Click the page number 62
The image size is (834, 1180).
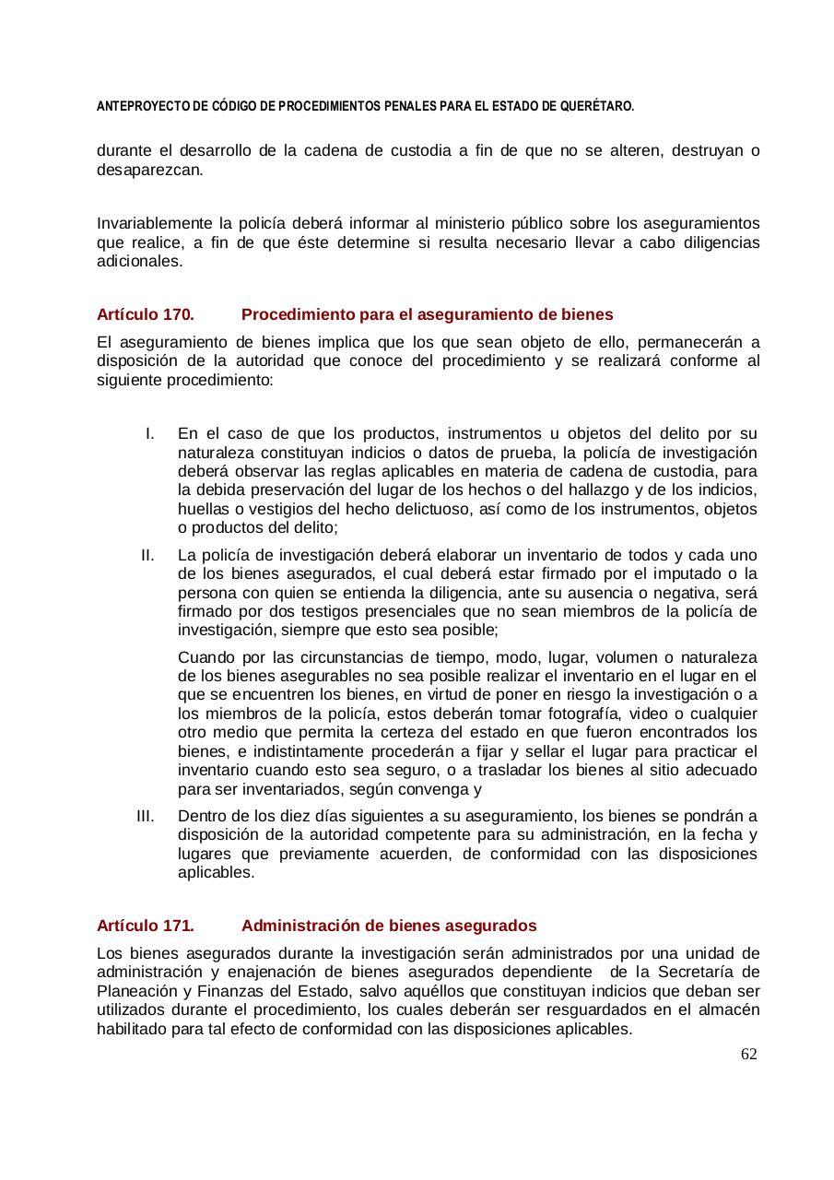(x=748, y=1054)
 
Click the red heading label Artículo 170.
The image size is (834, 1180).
(x=145, y=314)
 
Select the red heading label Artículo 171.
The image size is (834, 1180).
(x=145, y=925)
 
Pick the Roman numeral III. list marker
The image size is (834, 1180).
(x=146, y=816)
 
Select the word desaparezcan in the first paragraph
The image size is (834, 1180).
(x=148, y=171)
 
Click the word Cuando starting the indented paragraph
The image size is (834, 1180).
(x=206, y=657)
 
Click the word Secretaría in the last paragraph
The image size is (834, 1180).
(x=701, y=972)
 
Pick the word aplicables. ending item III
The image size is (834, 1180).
(x=216, y=872)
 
